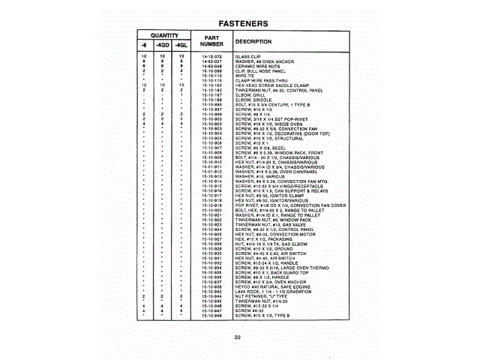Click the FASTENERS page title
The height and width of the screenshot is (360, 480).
click(x=239, y=23)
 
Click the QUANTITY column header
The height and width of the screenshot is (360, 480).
click(x=163, y=35)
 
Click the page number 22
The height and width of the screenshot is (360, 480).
click(x=237, y=337)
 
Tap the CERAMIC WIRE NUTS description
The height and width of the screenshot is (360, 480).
click(x=259, y=66)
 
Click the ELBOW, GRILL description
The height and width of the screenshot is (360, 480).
click(x=250, y=94)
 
